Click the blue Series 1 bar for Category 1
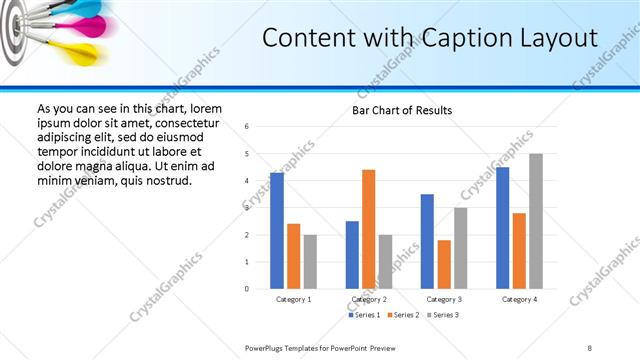coord(277,231)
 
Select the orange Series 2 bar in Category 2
coord(368,229)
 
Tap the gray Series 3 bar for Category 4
coord(536,221)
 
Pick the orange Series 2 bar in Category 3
coord(444,264)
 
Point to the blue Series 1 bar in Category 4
coord(502,228)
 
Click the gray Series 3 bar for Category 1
coord(310,262)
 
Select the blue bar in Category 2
coord(352,255)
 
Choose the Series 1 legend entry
coord(365,315)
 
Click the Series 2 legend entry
coord(403,315)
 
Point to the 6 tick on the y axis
coord(247,127)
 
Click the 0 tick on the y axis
coord(247,289)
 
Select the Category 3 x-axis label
coord(444,299)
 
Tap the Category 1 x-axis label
coord(293,299)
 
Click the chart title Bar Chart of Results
coord(402,110)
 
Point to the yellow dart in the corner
coord(82,51)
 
